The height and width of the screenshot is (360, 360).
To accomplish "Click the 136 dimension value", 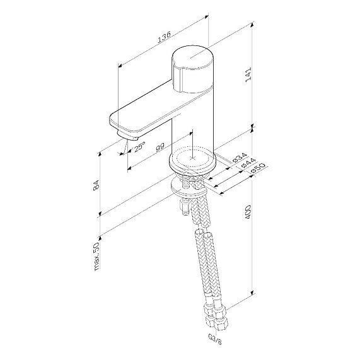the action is coord(165,37).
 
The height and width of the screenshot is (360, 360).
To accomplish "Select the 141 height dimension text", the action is coord(248,74).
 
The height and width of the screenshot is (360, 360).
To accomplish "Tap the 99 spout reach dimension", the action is coord(160,147).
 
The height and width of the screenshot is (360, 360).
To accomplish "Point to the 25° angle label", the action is coord(139,147).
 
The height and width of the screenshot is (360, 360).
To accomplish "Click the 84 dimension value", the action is coord(96,185).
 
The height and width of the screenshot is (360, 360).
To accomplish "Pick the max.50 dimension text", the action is coord(97,256).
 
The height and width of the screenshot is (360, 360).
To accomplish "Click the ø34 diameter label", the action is coord(239,157).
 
